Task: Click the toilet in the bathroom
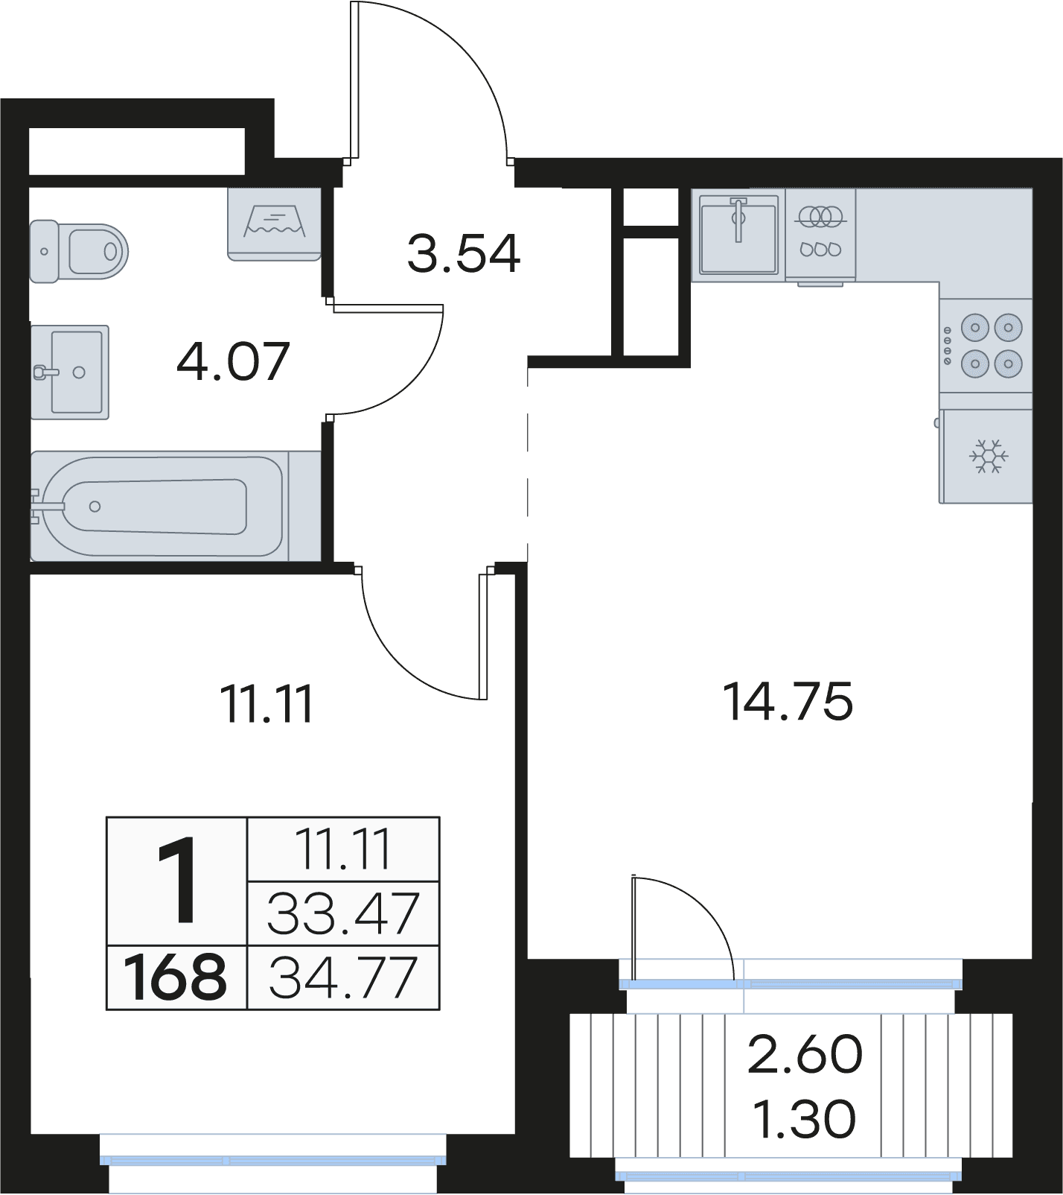point(79,251)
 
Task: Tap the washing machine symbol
point(274,224)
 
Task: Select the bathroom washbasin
point(70,372)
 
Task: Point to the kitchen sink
point(738,234)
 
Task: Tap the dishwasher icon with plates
point(820,235)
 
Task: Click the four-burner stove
point(986,346)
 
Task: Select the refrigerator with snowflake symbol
point(986,456)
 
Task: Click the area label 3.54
point(464,253)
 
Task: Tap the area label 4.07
point(233,361)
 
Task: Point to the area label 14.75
point(788,701)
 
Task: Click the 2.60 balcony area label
point(805,1054)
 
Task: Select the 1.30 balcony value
point(805,1118)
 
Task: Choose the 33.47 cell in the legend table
point(343,913)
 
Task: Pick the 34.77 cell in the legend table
point(343,977)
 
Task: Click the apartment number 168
point(176,977)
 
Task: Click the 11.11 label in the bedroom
point(267,703)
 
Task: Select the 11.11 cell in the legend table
point(343,849)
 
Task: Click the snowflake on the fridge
point(989,456)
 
